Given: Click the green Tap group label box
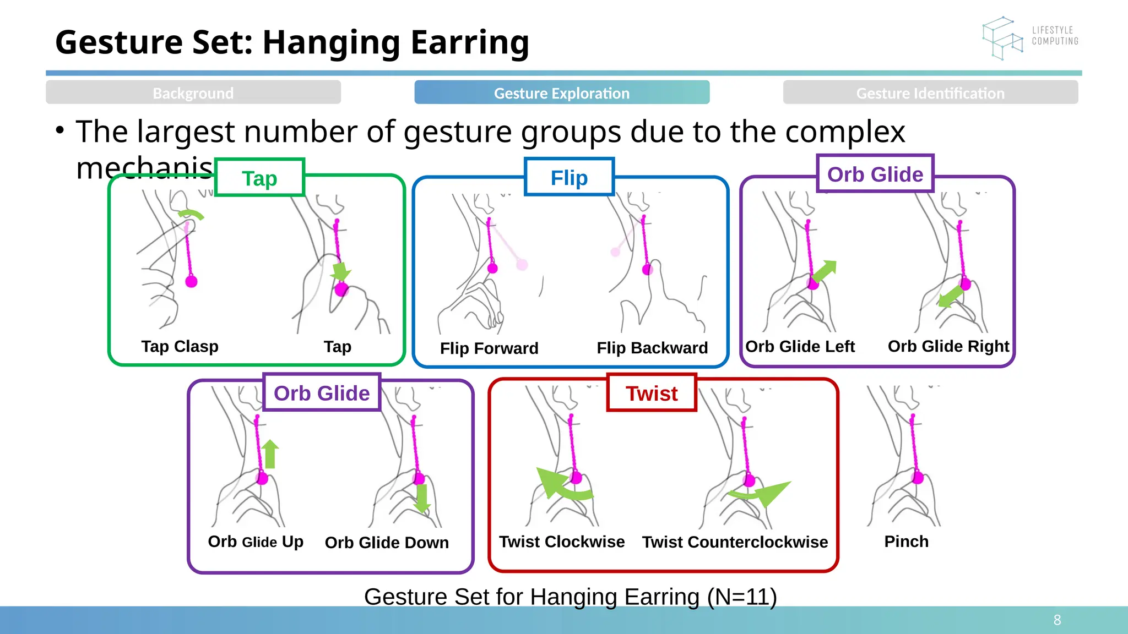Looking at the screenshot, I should pos(259,178).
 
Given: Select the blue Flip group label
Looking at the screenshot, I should pos(569,177).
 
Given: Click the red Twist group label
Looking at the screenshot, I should pos(652,393).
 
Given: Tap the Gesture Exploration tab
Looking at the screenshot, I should pos(561,93).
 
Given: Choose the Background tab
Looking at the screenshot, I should pos(193,93).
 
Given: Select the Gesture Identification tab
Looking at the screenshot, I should pos(930,93).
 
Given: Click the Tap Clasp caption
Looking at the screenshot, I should pos(180,346).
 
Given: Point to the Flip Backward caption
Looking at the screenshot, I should pos(652,348).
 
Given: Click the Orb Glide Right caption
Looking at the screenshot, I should pos(948,346).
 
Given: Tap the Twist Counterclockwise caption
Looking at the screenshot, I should pos(735,542).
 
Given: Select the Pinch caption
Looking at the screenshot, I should pos(906,542).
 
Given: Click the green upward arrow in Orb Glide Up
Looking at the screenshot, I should pos(270,453).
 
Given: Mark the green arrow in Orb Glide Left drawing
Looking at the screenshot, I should pos(825,271).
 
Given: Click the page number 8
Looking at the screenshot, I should pos(1057,620).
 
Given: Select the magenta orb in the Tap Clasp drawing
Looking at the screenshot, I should pos(191,282).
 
